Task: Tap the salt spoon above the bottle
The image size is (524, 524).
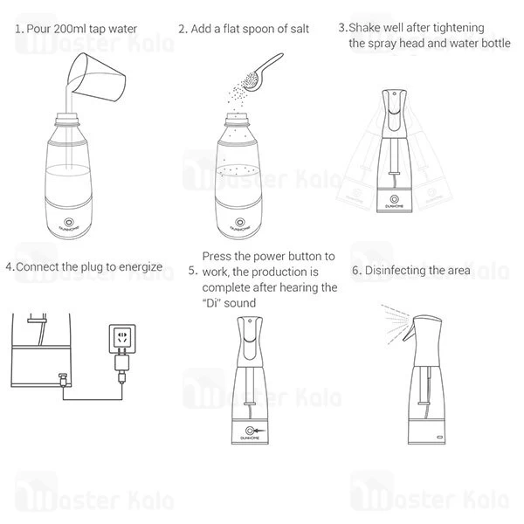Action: pos(262,73)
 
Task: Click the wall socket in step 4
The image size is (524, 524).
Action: pos(122,339)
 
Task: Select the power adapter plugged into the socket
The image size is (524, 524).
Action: pos(121,363)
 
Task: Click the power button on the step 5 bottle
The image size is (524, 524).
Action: pos(250,431)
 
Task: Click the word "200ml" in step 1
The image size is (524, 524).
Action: pos(69,29)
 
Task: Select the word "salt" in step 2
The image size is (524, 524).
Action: pos(300,29)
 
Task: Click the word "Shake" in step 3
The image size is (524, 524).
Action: pos(365,27)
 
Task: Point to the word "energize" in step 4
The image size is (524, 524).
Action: pos(141,267)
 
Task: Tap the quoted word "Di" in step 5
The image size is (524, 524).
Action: pos(212,303)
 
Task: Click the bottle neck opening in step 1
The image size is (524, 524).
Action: pos(67,117)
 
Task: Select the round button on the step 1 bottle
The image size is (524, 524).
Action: pos(69,222)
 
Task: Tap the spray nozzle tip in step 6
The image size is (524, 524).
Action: pos(404,339)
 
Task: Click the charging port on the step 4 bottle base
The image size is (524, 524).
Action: pos(63,380)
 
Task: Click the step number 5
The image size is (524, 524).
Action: pos(193,271)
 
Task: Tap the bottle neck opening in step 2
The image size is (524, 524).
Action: pos(238,117)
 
